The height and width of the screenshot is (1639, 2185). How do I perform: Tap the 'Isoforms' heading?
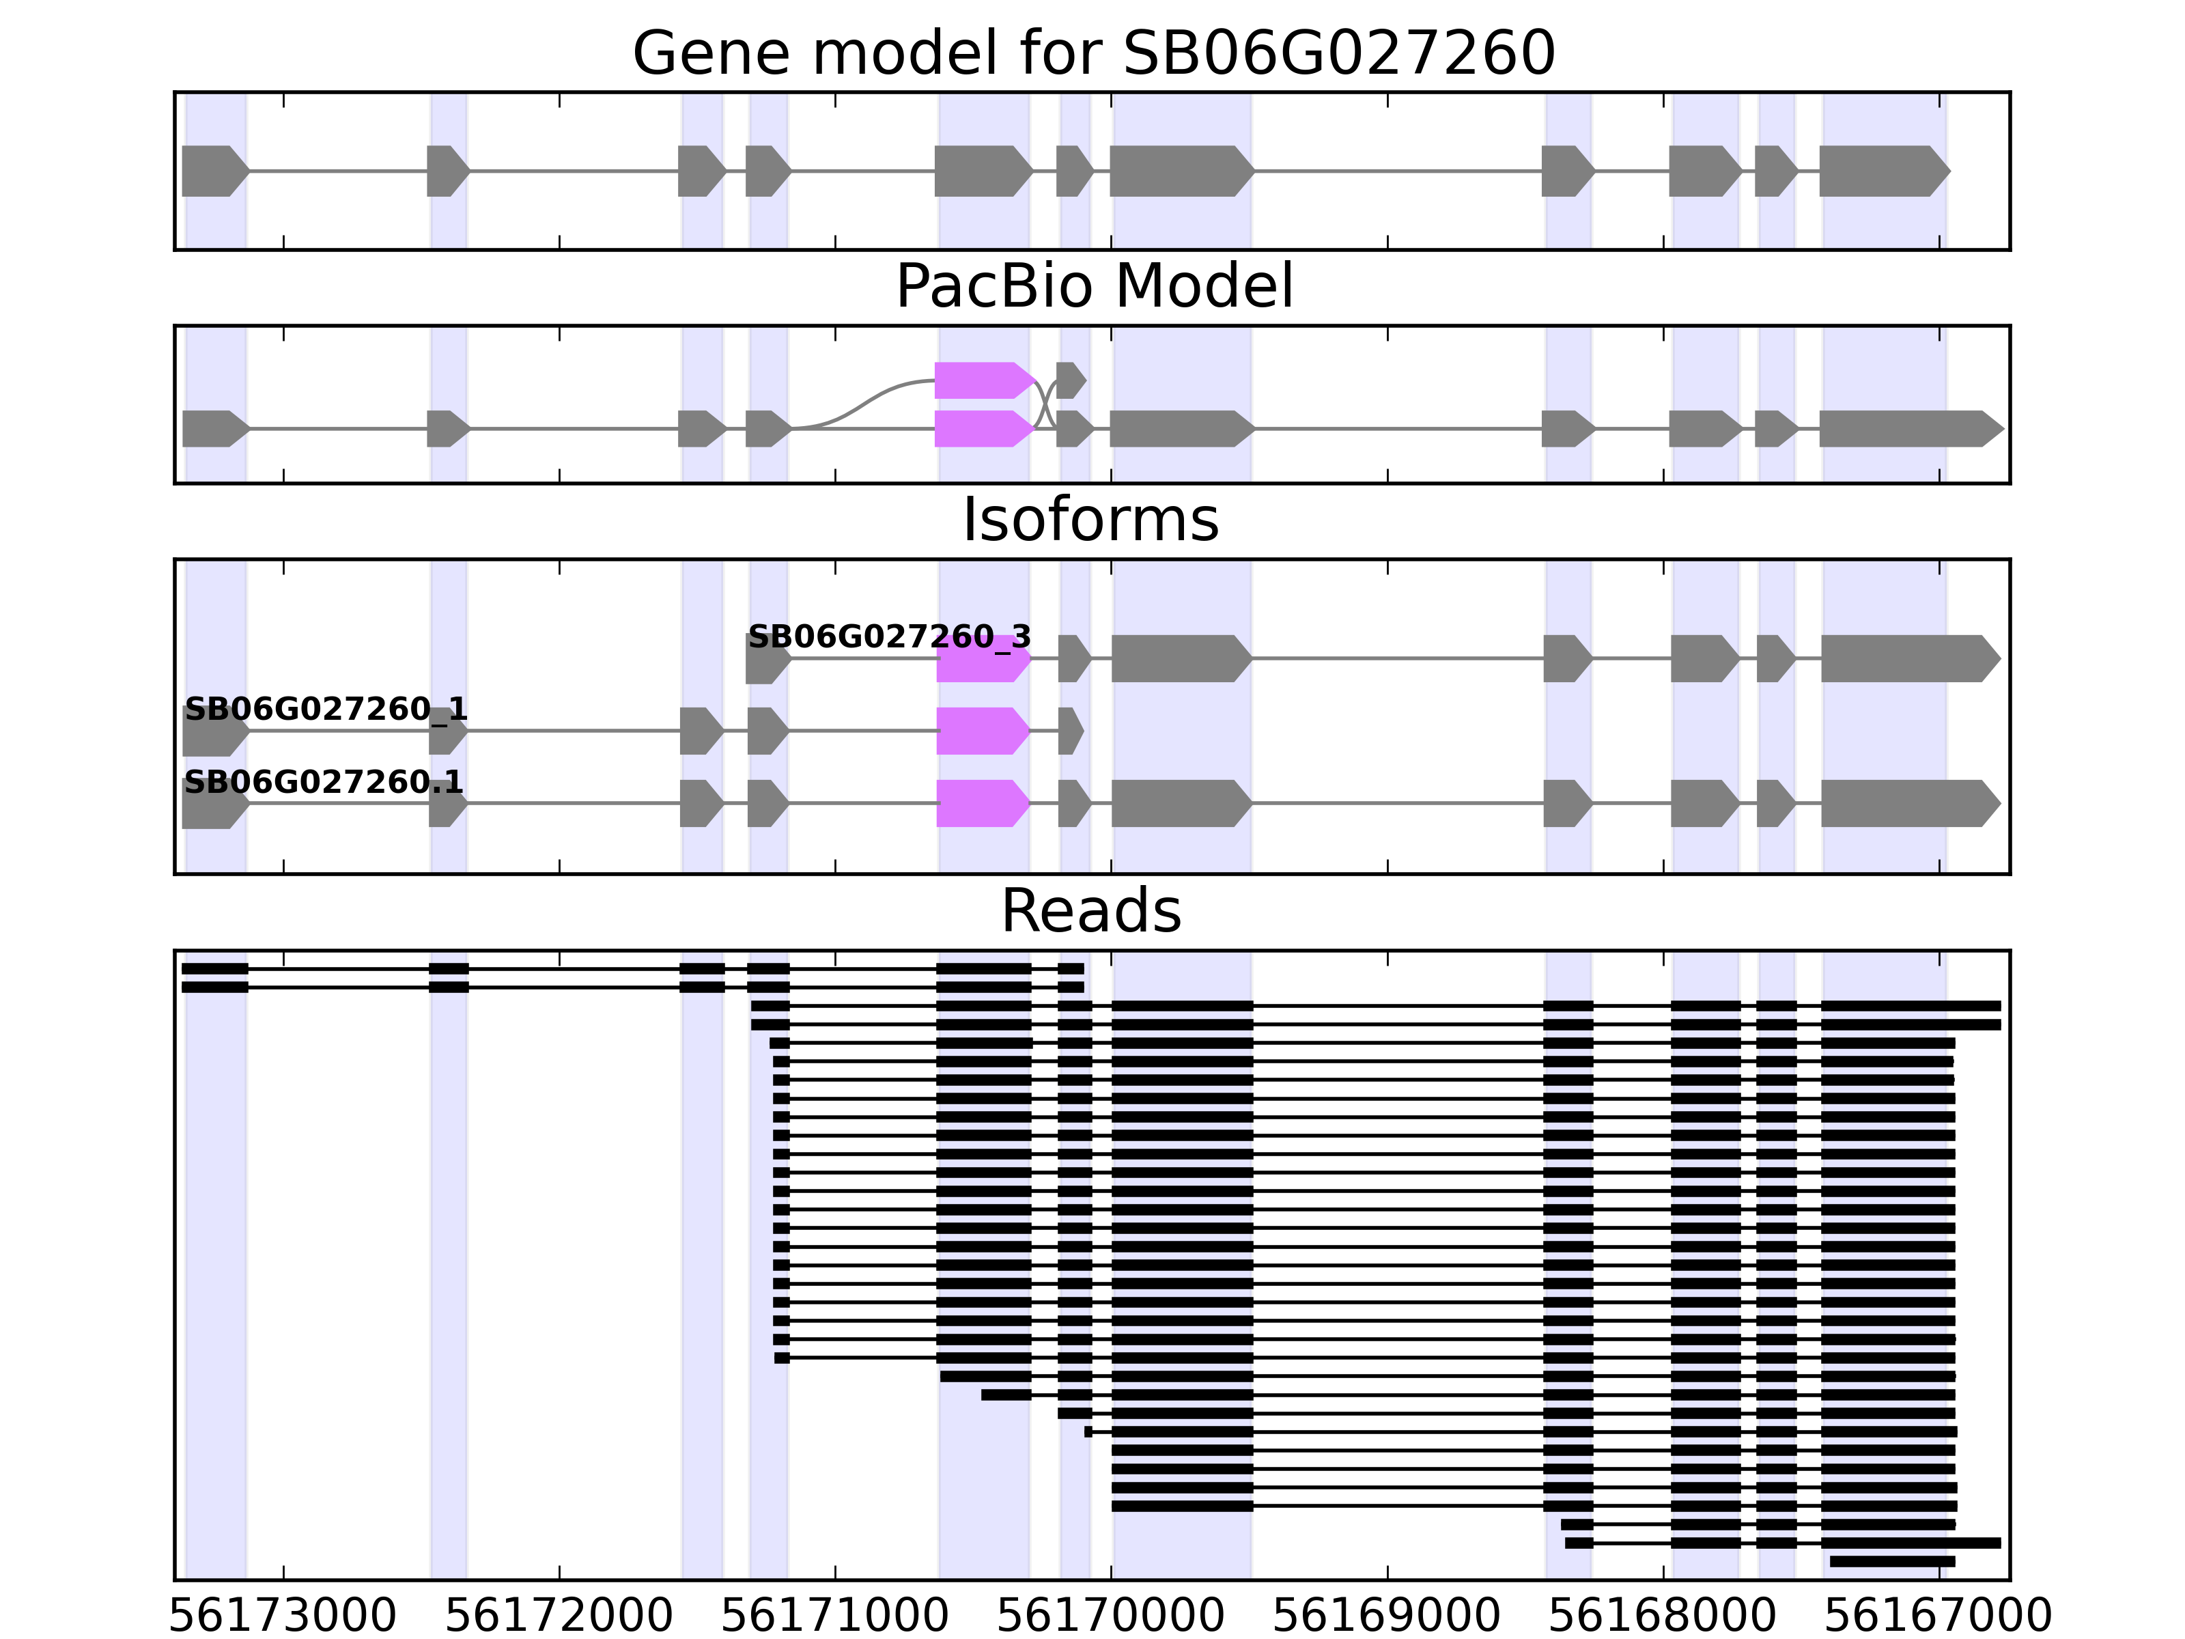(1090, 520)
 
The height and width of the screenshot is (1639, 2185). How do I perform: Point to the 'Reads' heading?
(1090, 911)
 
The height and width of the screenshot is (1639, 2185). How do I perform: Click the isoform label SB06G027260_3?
(889, 637)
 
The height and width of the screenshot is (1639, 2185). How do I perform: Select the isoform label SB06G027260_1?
(326, 710)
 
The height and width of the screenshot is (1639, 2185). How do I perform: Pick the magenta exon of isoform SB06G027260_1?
(982, 731)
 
